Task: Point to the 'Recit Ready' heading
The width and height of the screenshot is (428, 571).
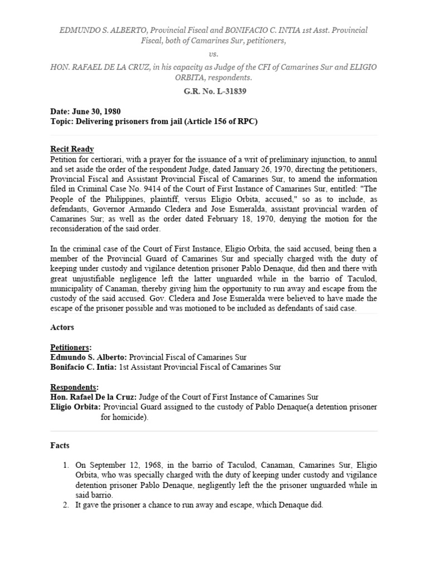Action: (72, 149)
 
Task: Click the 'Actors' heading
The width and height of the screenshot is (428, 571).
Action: (62, 327)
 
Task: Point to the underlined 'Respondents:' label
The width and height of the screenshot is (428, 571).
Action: (74, 387)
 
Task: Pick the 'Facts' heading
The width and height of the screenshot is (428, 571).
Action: (60, 446)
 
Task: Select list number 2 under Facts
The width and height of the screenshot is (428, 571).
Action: (65, 505)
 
